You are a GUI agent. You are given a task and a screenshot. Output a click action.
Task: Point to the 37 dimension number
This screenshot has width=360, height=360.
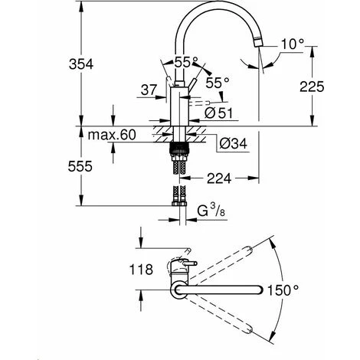click(x=149, y=91)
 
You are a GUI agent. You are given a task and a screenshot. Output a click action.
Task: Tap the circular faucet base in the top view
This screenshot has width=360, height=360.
click(x=179, y=290)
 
